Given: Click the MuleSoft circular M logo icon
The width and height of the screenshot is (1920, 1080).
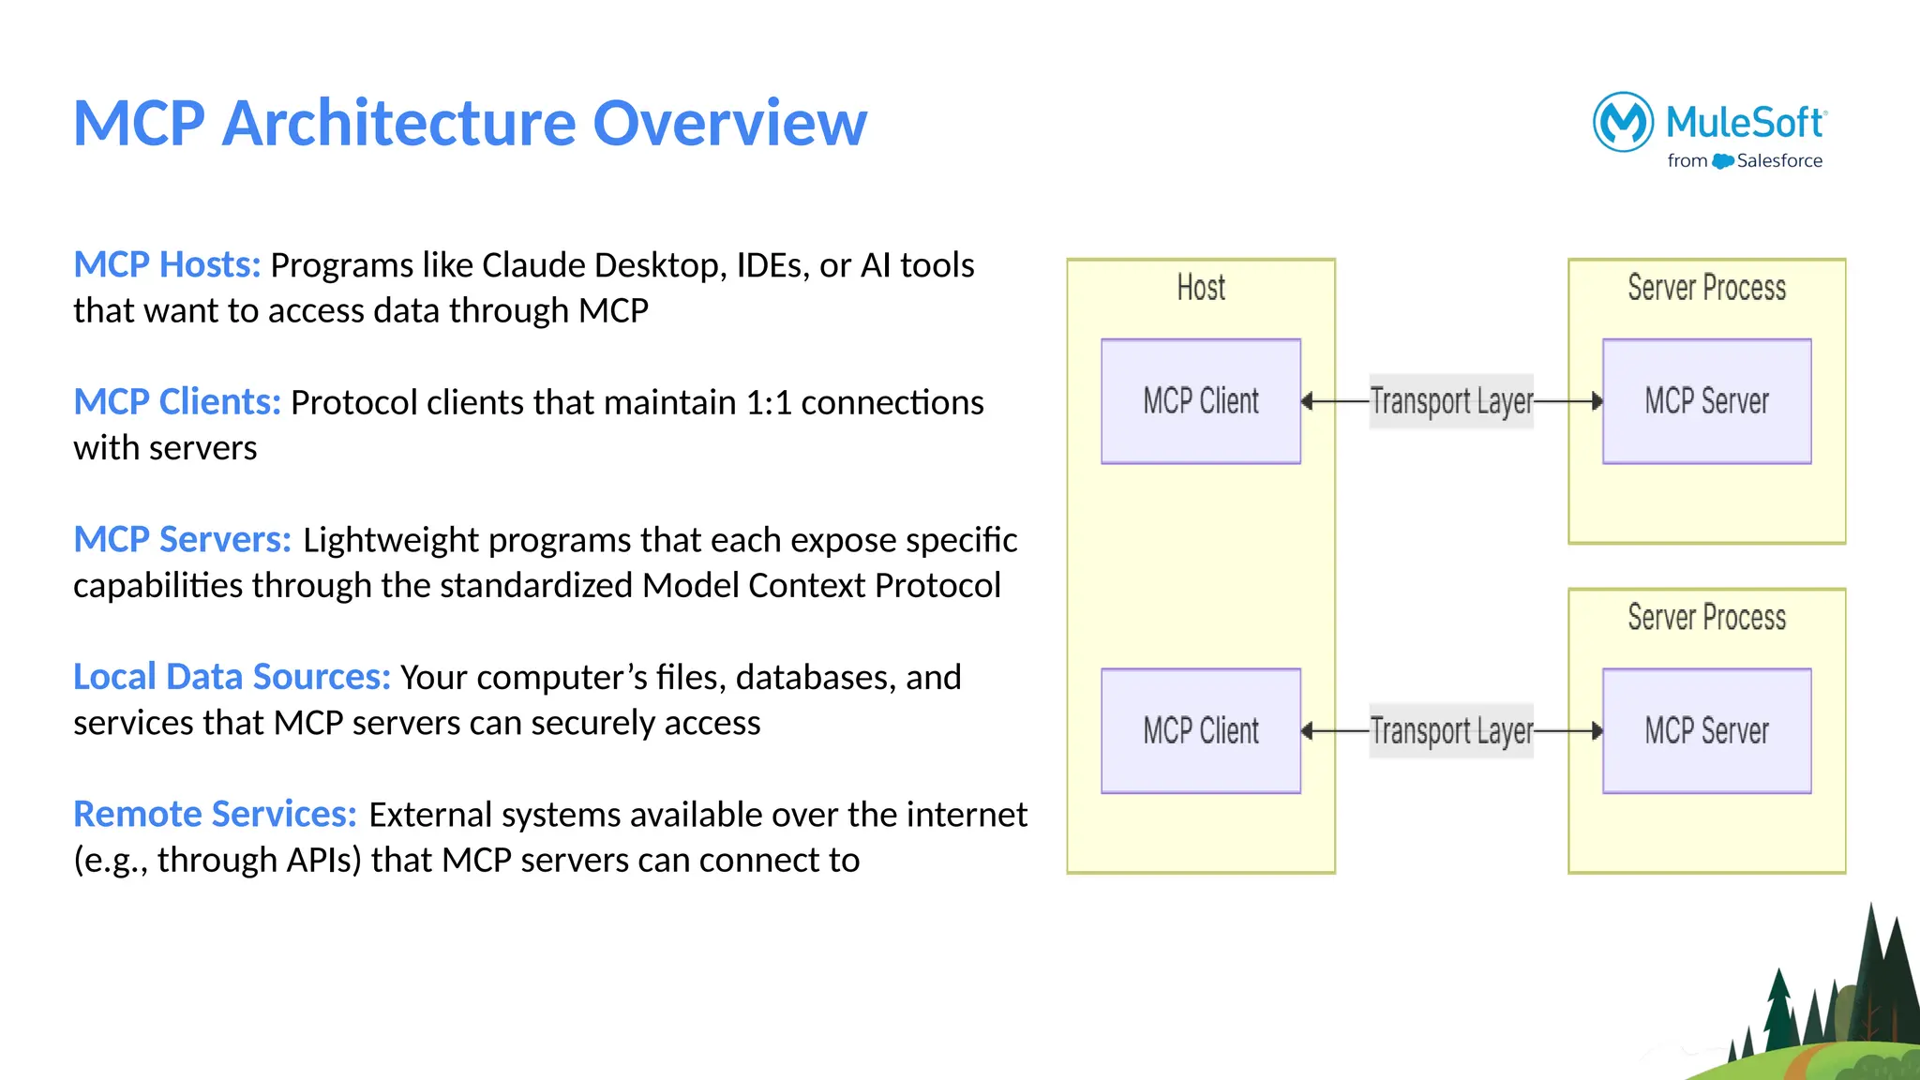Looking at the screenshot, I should click(1623, 122).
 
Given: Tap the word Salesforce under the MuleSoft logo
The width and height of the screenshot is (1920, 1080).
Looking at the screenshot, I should click(1778, 161).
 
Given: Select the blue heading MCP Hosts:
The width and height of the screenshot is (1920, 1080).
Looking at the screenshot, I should click(167, 265).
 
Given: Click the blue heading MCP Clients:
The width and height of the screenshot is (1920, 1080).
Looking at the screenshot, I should click(177, 402).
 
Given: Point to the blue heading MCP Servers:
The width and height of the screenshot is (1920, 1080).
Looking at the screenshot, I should click(183, 540).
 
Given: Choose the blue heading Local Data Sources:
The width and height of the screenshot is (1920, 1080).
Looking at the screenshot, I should click(232, 677).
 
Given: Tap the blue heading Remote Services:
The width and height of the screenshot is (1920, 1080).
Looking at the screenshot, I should click(215, 815).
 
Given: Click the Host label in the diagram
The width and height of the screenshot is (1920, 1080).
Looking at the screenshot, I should click(1201, 288).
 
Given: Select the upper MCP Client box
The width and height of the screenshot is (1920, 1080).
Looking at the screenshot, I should click(1201, 401).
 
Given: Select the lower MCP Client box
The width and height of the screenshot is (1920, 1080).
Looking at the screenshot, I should click(1201, 731).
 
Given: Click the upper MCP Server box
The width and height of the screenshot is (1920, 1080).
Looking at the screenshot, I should click(1706, 401).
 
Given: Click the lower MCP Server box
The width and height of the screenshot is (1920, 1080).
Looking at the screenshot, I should click(1706, 731).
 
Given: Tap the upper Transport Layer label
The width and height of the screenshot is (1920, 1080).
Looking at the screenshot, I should click(1451, 401).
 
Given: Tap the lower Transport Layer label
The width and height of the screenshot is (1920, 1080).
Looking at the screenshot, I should click(1451, 731).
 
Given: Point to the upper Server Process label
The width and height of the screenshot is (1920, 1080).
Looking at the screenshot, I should click(1706, 288).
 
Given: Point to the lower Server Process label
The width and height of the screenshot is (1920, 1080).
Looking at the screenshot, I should click(1706, 618).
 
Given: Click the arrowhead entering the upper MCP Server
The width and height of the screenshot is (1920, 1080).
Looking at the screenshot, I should click(1597, 401).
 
